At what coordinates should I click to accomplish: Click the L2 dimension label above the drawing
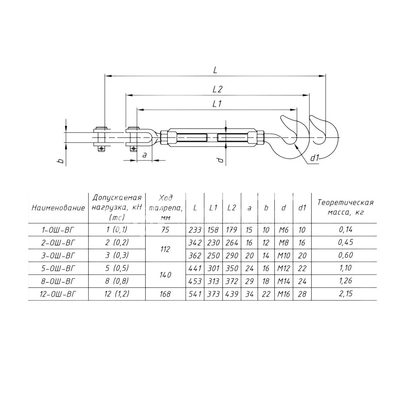point(217,89)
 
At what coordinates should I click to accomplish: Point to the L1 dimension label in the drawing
point(217,104)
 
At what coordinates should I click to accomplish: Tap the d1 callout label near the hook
point(315,158)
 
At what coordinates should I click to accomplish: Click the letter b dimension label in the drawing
point(61,161)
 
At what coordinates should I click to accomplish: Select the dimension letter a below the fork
point(144,155)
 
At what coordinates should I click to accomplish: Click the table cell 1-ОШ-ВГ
point(58,229)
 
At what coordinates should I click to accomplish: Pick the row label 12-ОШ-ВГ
point(58,294)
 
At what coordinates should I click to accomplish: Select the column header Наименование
point(58,208)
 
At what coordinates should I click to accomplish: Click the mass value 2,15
point(346,294)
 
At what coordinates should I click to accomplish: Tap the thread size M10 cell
point(283,255)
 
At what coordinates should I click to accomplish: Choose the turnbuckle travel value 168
point(165,294)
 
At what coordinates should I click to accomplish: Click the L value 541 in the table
point(195,294)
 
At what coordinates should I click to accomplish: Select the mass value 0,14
point(346,229)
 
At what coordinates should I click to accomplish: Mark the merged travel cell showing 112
point(165,249)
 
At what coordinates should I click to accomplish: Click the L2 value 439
point(232,294)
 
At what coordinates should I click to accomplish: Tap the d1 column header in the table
point(302,208)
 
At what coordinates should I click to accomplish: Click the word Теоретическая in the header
point(345,202)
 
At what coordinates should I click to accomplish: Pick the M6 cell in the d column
point(283,229)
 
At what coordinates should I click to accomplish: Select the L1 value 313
point(213,281)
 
